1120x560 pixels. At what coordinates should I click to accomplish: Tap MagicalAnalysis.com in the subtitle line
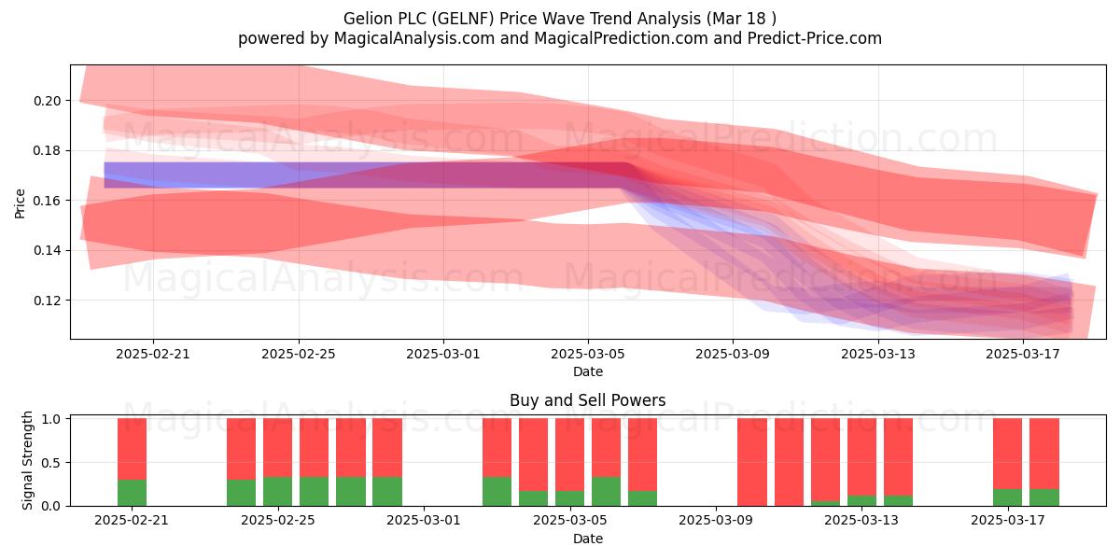(414, 38)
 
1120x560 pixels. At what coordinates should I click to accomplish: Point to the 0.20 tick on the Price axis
(47, 101)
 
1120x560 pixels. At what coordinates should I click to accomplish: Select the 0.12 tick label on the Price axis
(47, 301)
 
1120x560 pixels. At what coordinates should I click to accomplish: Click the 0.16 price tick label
(47, 201)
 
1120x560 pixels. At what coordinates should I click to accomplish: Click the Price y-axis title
(20, 204)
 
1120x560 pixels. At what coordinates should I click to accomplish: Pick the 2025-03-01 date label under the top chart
(443, 354)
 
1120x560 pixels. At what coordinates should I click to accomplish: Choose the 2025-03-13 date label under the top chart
(878, 354)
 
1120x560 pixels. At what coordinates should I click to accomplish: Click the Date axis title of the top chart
(588, 371)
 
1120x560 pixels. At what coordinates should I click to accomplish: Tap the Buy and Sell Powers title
(588, 400)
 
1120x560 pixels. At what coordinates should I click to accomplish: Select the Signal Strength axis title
(27, 460)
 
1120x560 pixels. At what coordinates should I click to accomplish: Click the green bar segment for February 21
(132, 493)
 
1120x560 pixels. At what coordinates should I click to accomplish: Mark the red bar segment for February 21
(132, 449)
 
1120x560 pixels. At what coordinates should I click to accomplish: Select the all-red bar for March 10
(752, 462)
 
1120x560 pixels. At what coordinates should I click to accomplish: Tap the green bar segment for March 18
(1044, 497)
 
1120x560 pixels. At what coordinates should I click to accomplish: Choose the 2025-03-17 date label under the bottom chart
(1007, 521)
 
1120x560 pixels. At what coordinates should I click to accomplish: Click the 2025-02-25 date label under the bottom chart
(278, 521)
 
